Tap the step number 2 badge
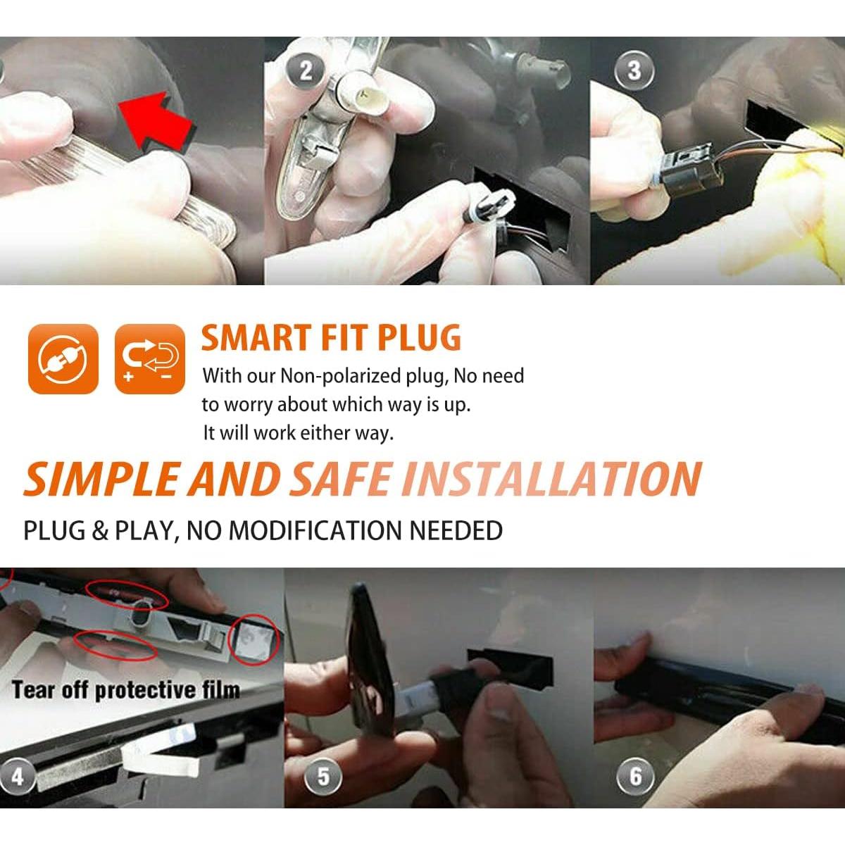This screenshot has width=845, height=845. click(x=306, y=71)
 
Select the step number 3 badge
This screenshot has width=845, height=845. click(x=634, y=71)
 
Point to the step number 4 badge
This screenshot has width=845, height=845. click(x=17, y=777)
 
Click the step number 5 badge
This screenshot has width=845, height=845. click(x=323, y=777)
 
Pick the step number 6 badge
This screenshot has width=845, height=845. click(x=635, y=777)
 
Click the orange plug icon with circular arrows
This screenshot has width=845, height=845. click(x=63, y=358)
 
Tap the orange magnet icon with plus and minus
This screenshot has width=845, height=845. click(x=149, y=358)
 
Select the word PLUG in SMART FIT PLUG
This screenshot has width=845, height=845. click(x=420, y=338)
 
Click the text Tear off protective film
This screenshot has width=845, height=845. click(x=125, y=689)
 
